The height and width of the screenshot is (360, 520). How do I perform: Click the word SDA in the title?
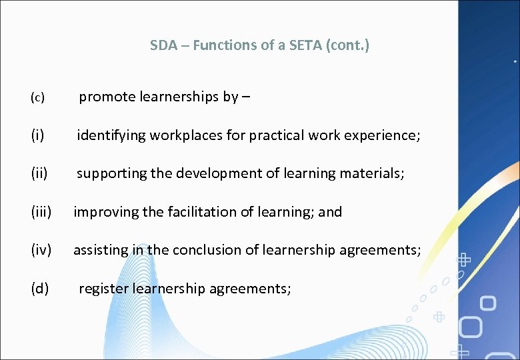[x=163, y=45]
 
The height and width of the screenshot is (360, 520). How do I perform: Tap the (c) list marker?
[x=37, y=98]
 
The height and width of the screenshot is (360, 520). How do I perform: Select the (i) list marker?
[x=37, y=135]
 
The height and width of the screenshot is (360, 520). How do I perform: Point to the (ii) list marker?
[x=39, y=174]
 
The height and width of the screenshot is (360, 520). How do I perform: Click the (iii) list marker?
[x=41, y=212]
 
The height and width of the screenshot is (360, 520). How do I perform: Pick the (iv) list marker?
[x=41, y=250]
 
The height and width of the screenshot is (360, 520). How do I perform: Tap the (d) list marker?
[x=39, y=289]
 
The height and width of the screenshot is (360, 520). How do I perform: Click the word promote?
[x=107, y=97]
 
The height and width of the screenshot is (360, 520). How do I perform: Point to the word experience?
[x=387, y=135]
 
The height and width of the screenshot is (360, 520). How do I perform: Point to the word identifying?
[x=111, y=135]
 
